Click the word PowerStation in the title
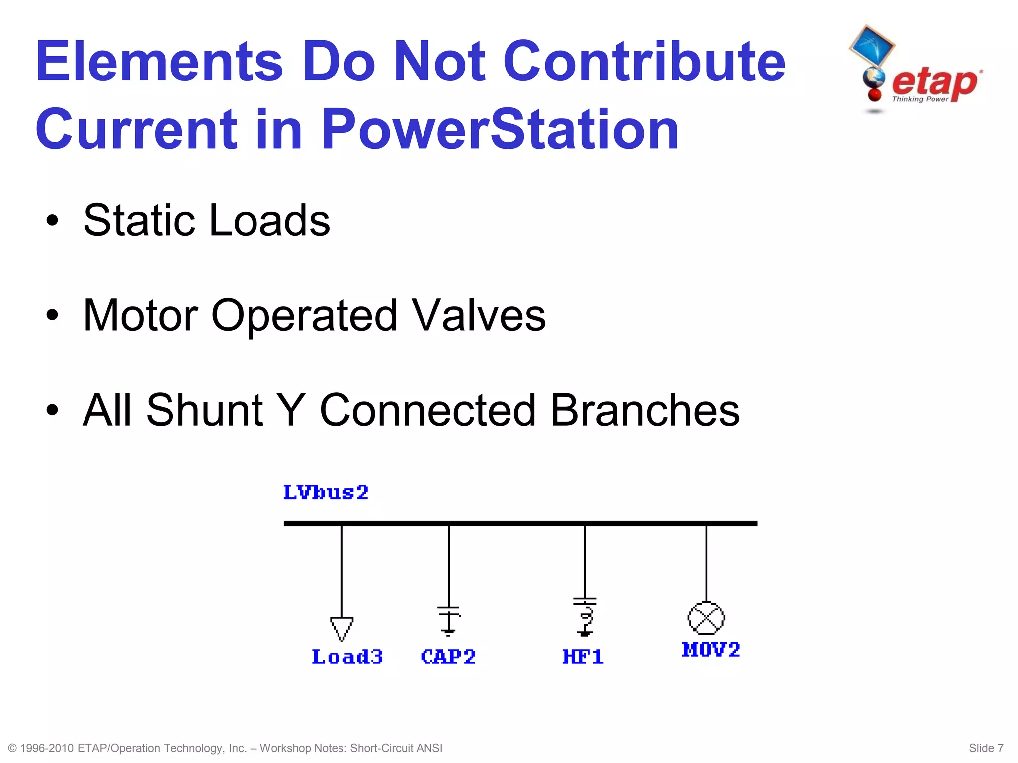(x=500, y=129)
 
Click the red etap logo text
(x=934, y=83)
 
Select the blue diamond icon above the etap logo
(x=872, y=46)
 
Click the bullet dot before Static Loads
(x=52, y=220)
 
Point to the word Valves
(x=479, y=315)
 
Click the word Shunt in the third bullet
(x=204, y=410)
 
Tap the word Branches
(x=645, y=410)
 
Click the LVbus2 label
(x=326, y=493)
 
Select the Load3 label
(x=347, y=657)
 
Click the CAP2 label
(x=448, y=657)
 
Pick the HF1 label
(x=583, y=657)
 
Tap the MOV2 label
(x=711, y=650)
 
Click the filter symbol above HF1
(x=585, y=617)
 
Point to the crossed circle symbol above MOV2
(x=706, y=618)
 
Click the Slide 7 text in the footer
(x=986, y=748)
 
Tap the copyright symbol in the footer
(x=13, y=748)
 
